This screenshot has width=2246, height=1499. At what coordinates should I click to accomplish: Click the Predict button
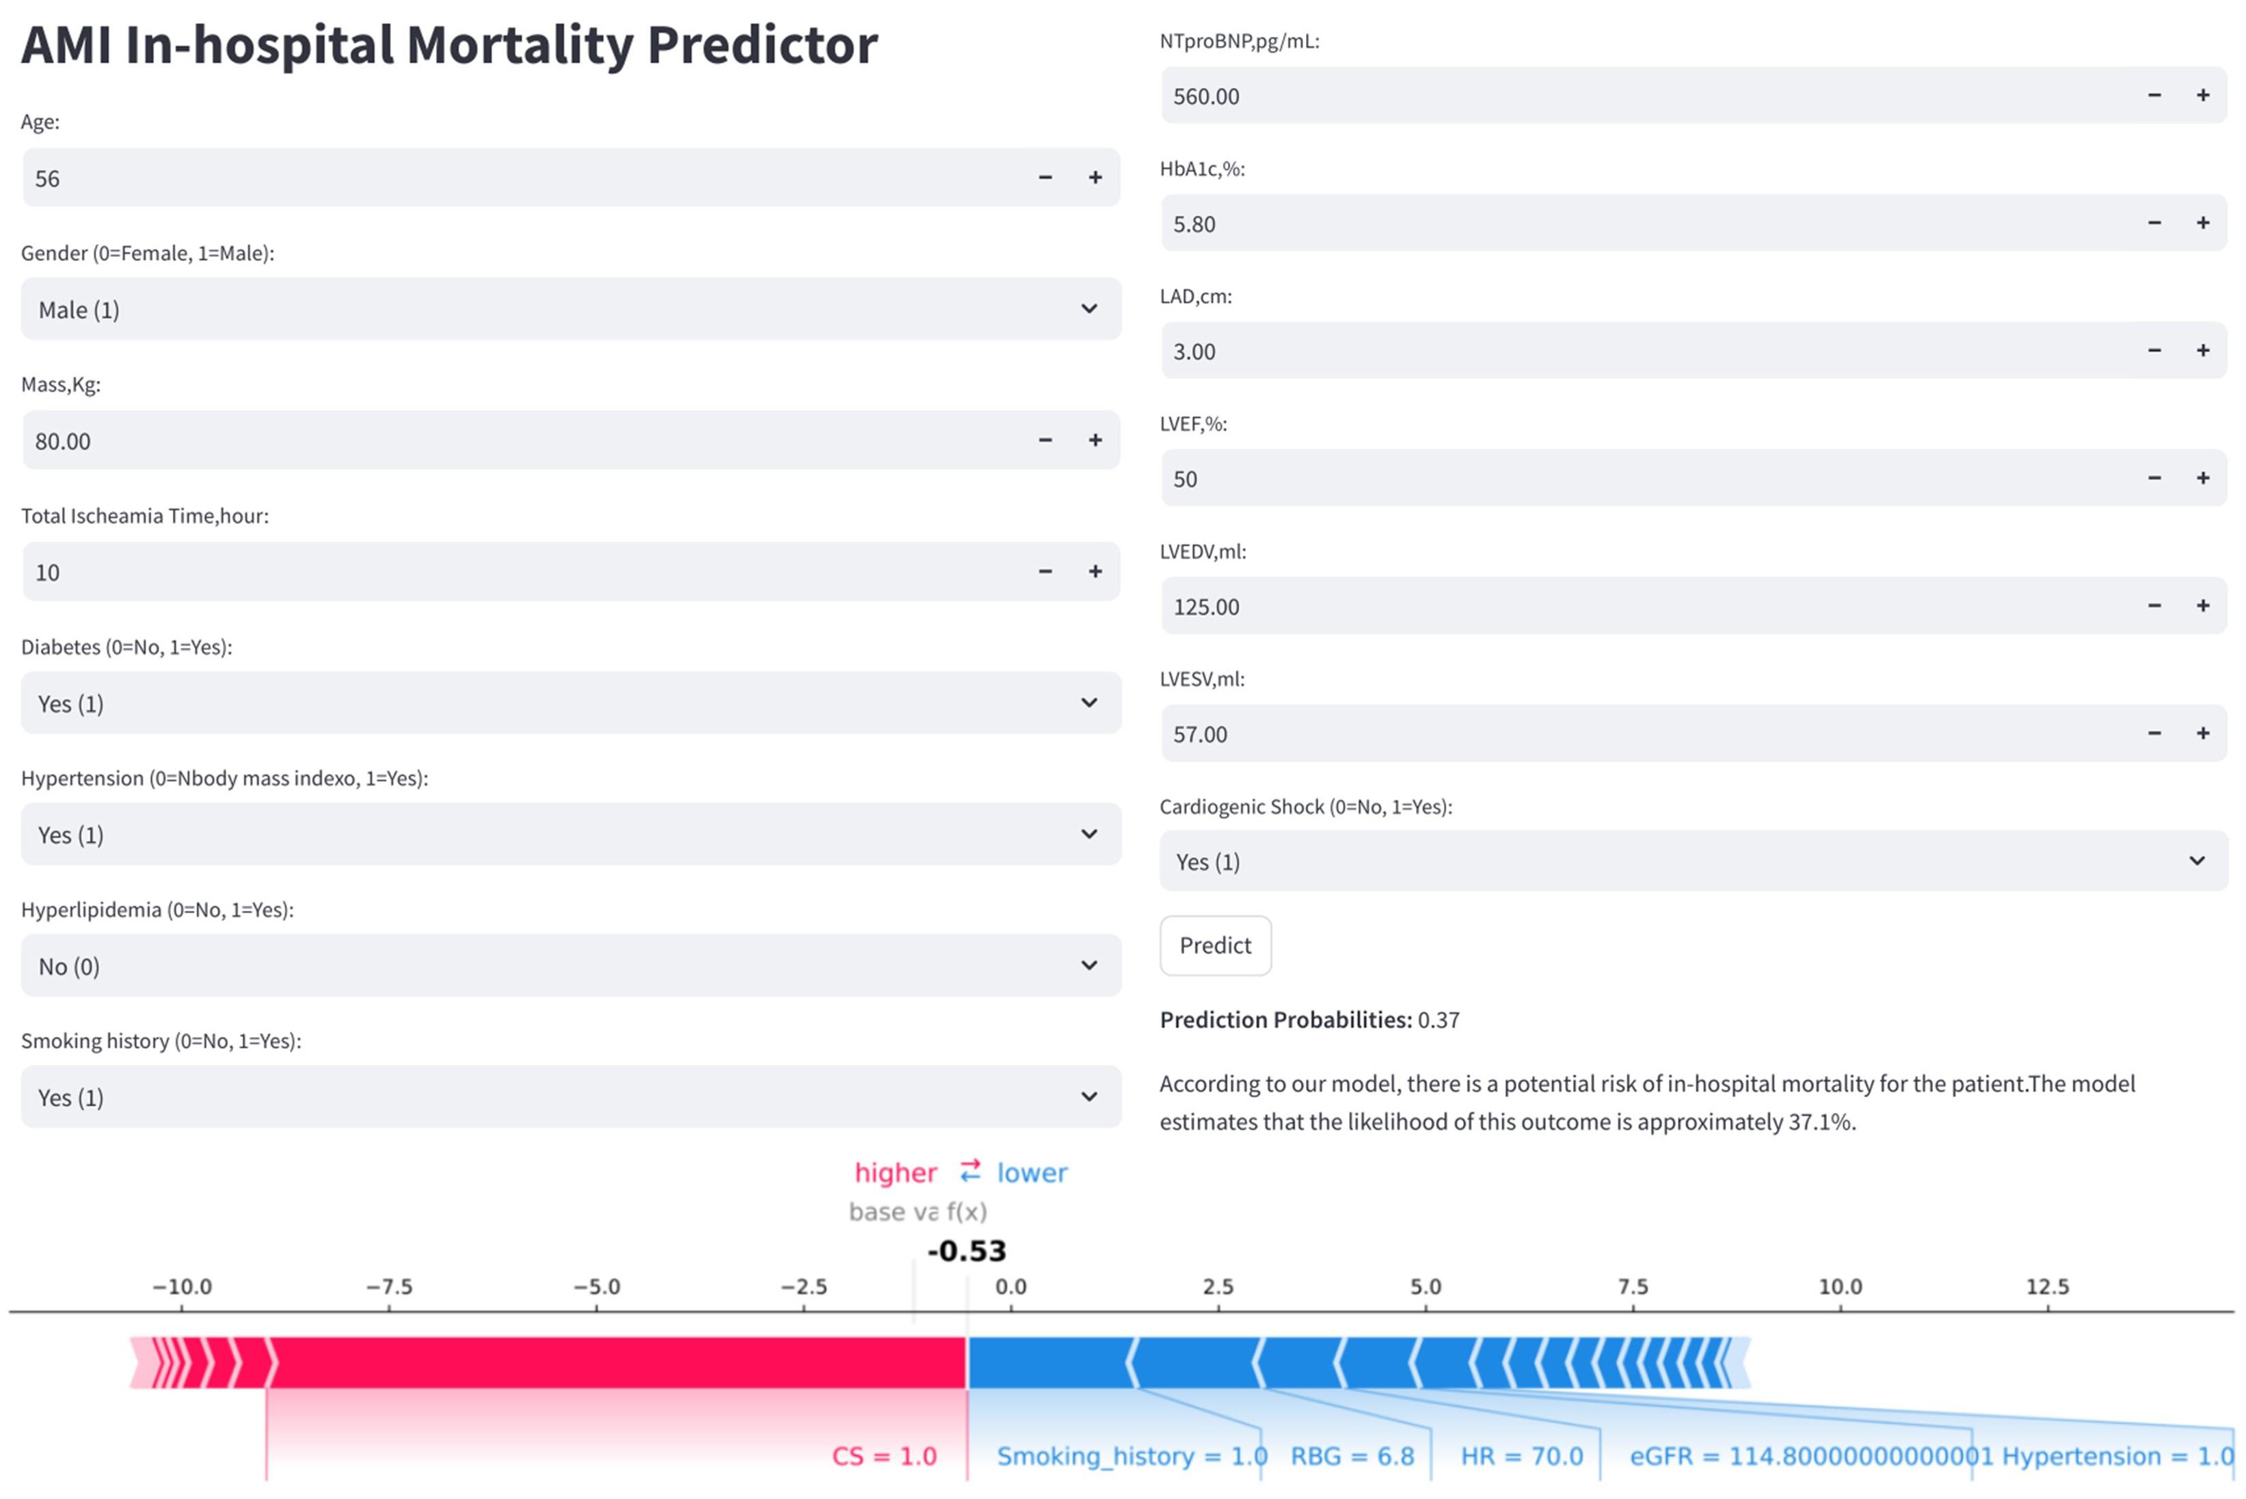pyautogui.click(x=1214, y=945)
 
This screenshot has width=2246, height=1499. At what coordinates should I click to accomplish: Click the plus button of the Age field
pyautogui.click(x=1095, y=178)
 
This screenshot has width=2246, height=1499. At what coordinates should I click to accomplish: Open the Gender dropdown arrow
pyautogui.click(x=1088, y=309)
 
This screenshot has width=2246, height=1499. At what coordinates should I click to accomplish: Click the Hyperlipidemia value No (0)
pyautogui.click(x=69, y=967)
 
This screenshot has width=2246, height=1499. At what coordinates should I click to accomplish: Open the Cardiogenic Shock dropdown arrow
pyautogui.click(x=2196, y=861)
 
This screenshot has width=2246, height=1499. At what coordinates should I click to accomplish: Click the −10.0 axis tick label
pyautogui.click(x=182, y=1287)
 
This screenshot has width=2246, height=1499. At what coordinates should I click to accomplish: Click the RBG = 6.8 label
pyautogui.click(x=1351, y=1456)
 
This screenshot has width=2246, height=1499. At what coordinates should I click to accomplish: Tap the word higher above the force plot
pyautogui.click(x=895, y=1173)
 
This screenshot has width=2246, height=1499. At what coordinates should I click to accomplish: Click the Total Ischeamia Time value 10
pyautogui.click(x=48, y=573)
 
